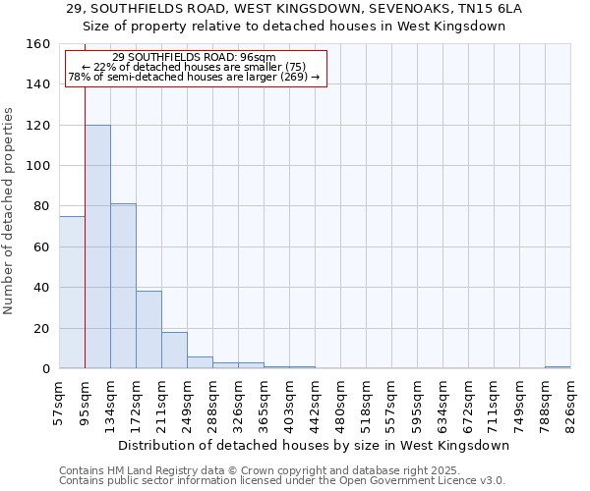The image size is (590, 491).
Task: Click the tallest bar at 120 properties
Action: click(x=97, y=245)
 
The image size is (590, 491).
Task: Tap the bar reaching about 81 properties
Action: click(x=123, y=286)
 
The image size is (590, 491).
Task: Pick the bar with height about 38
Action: click(x=148, y=330)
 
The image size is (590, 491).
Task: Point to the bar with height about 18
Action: click(x=174, y=351)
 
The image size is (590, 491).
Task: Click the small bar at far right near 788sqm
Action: click(x=558, y=367)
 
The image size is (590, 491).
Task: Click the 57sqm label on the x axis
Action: click(x=59, y=400)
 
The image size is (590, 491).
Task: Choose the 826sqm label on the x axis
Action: click(x=570, y=400)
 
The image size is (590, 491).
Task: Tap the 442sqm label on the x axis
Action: click(x=315, y=400)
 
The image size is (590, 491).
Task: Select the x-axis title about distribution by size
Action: click(x=315, y=445)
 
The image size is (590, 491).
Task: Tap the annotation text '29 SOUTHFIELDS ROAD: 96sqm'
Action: click(x=194, y=57)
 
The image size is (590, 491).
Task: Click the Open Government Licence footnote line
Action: click(x=282, y=480)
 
